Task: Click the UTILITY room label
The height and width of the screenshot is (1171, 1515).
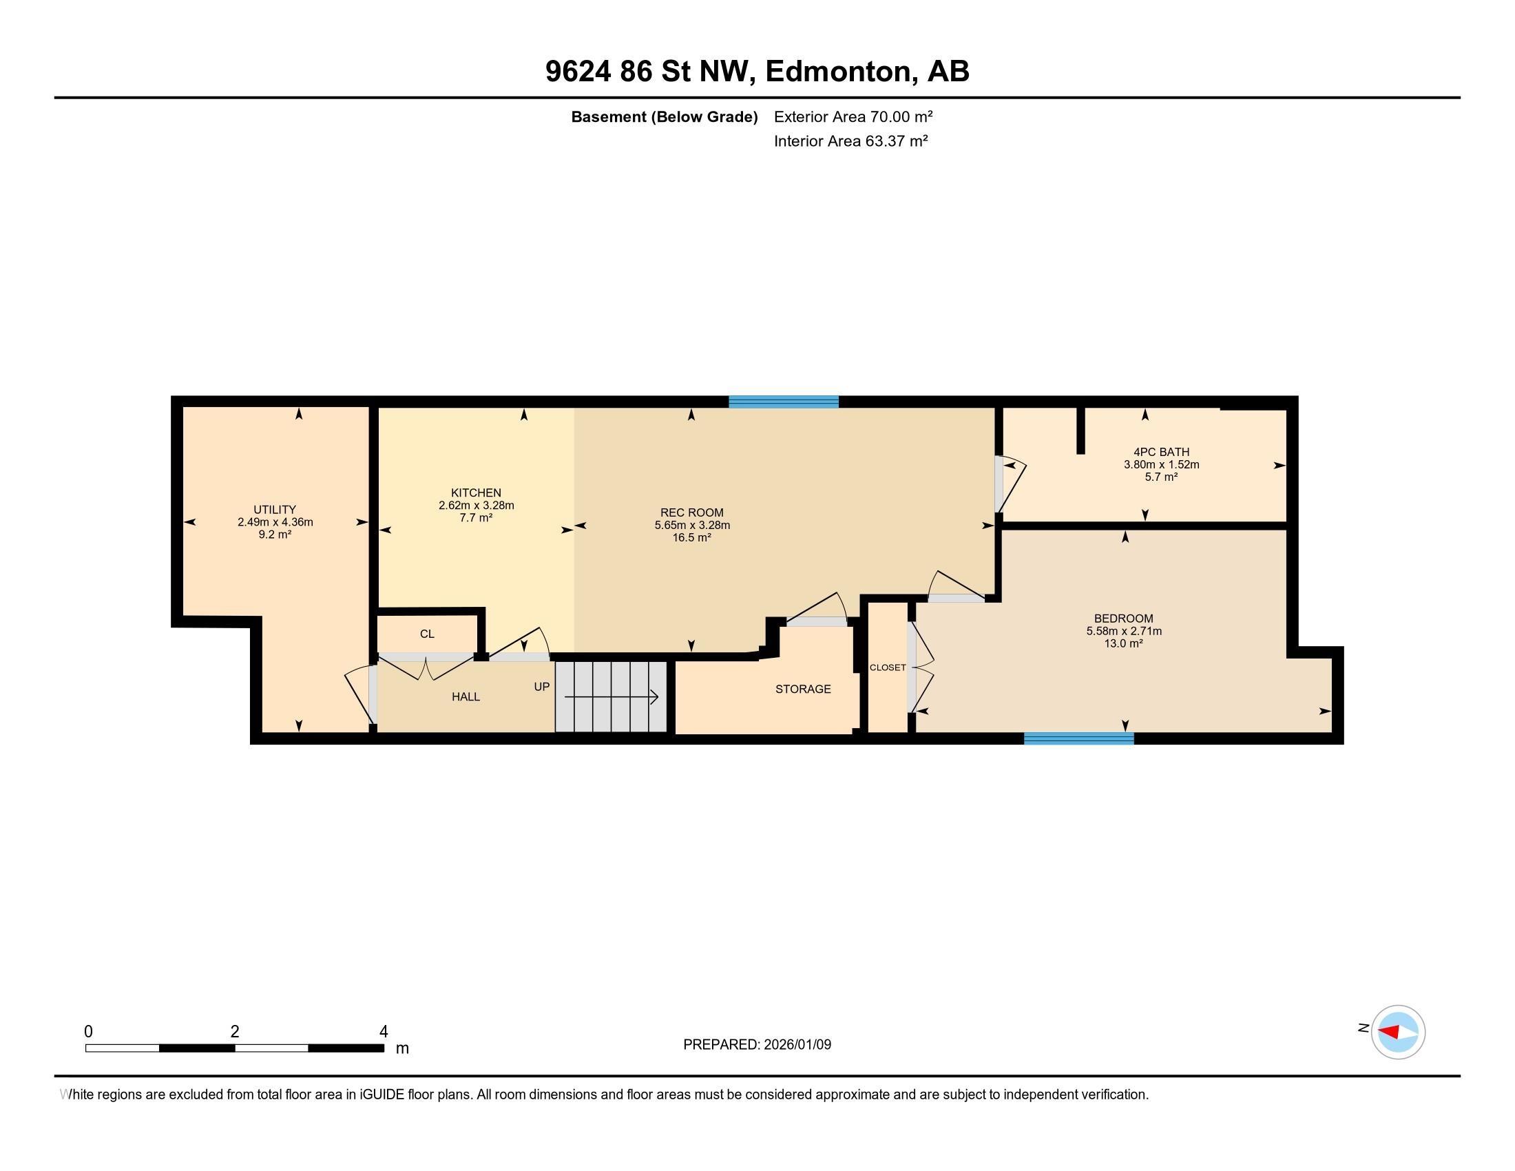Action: click(275, 509)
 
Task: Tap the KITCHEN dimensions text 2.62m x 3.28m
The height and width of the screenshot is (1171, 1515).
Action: click(476, 506)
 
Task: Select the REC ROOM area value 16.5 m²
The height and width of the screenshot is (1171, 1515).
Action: click(691, 538)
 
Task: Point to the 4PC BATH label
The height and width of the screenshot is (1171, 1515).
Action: click(1161, 453)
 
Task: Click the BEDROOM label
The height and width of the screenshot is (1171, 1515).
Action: click(1123, 618)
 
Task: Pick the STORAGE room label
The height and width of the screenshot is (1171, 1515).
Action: click(802, 689)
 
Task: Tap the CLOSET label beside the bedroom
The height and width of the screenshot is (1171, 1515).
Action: click(887, 667)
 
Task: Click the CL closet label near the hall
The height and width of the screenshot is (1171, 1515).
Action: click(427, 634)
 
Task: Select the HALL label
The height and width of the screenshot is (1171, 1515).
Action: click(466, 696)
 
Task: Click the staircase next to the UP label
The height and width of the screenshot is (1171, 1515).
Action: click(610, 696)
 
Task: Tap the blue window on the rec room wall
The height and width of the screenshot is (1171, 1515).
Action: click(783, 402)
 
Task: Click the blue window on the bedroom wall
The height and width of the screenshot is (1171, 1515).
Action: click(1078, 739)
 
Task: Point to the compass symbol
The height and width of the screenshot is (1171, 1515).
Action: click(1397, 1033)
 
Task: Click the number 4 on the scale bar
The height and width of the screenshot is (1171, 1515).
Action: click(384, 1032)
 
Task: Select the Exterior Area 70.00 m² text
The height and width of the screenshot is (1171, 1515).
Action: click(853, 116)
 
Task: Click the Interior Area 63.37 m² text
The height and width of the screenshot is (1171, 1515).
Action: click(850, 141)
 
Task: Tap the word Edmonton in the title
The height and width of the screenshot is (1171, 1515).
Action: click(838, 72)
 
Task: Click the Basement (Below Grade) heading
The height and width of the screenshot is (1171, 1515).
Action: click(664, 116)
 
